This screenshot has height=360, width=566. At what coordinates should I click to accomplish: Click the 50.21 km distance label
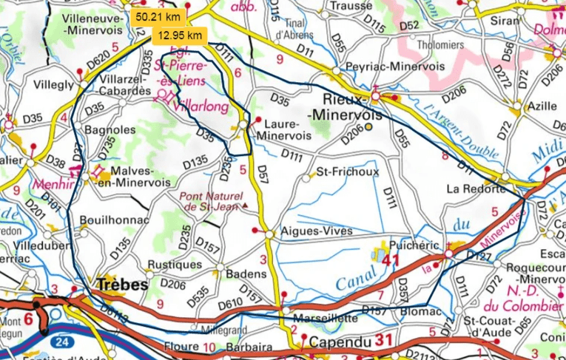(x=158, y=16)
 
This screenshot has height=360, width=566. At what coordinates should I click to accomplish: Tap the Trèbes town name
(x=121, y=283)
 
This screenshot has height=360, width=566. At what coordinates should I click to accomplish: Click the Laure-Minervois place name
(x=280, y=130)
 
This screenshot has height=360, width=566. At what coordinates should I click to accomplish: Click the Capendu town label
(x=340, y=342)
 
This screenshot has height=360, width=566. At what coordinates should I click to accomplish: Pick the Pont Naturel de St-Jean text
(x=212, y=201)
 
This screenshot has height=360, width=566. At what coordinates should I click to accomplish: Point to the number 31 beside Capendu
(x=383, y=340)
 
